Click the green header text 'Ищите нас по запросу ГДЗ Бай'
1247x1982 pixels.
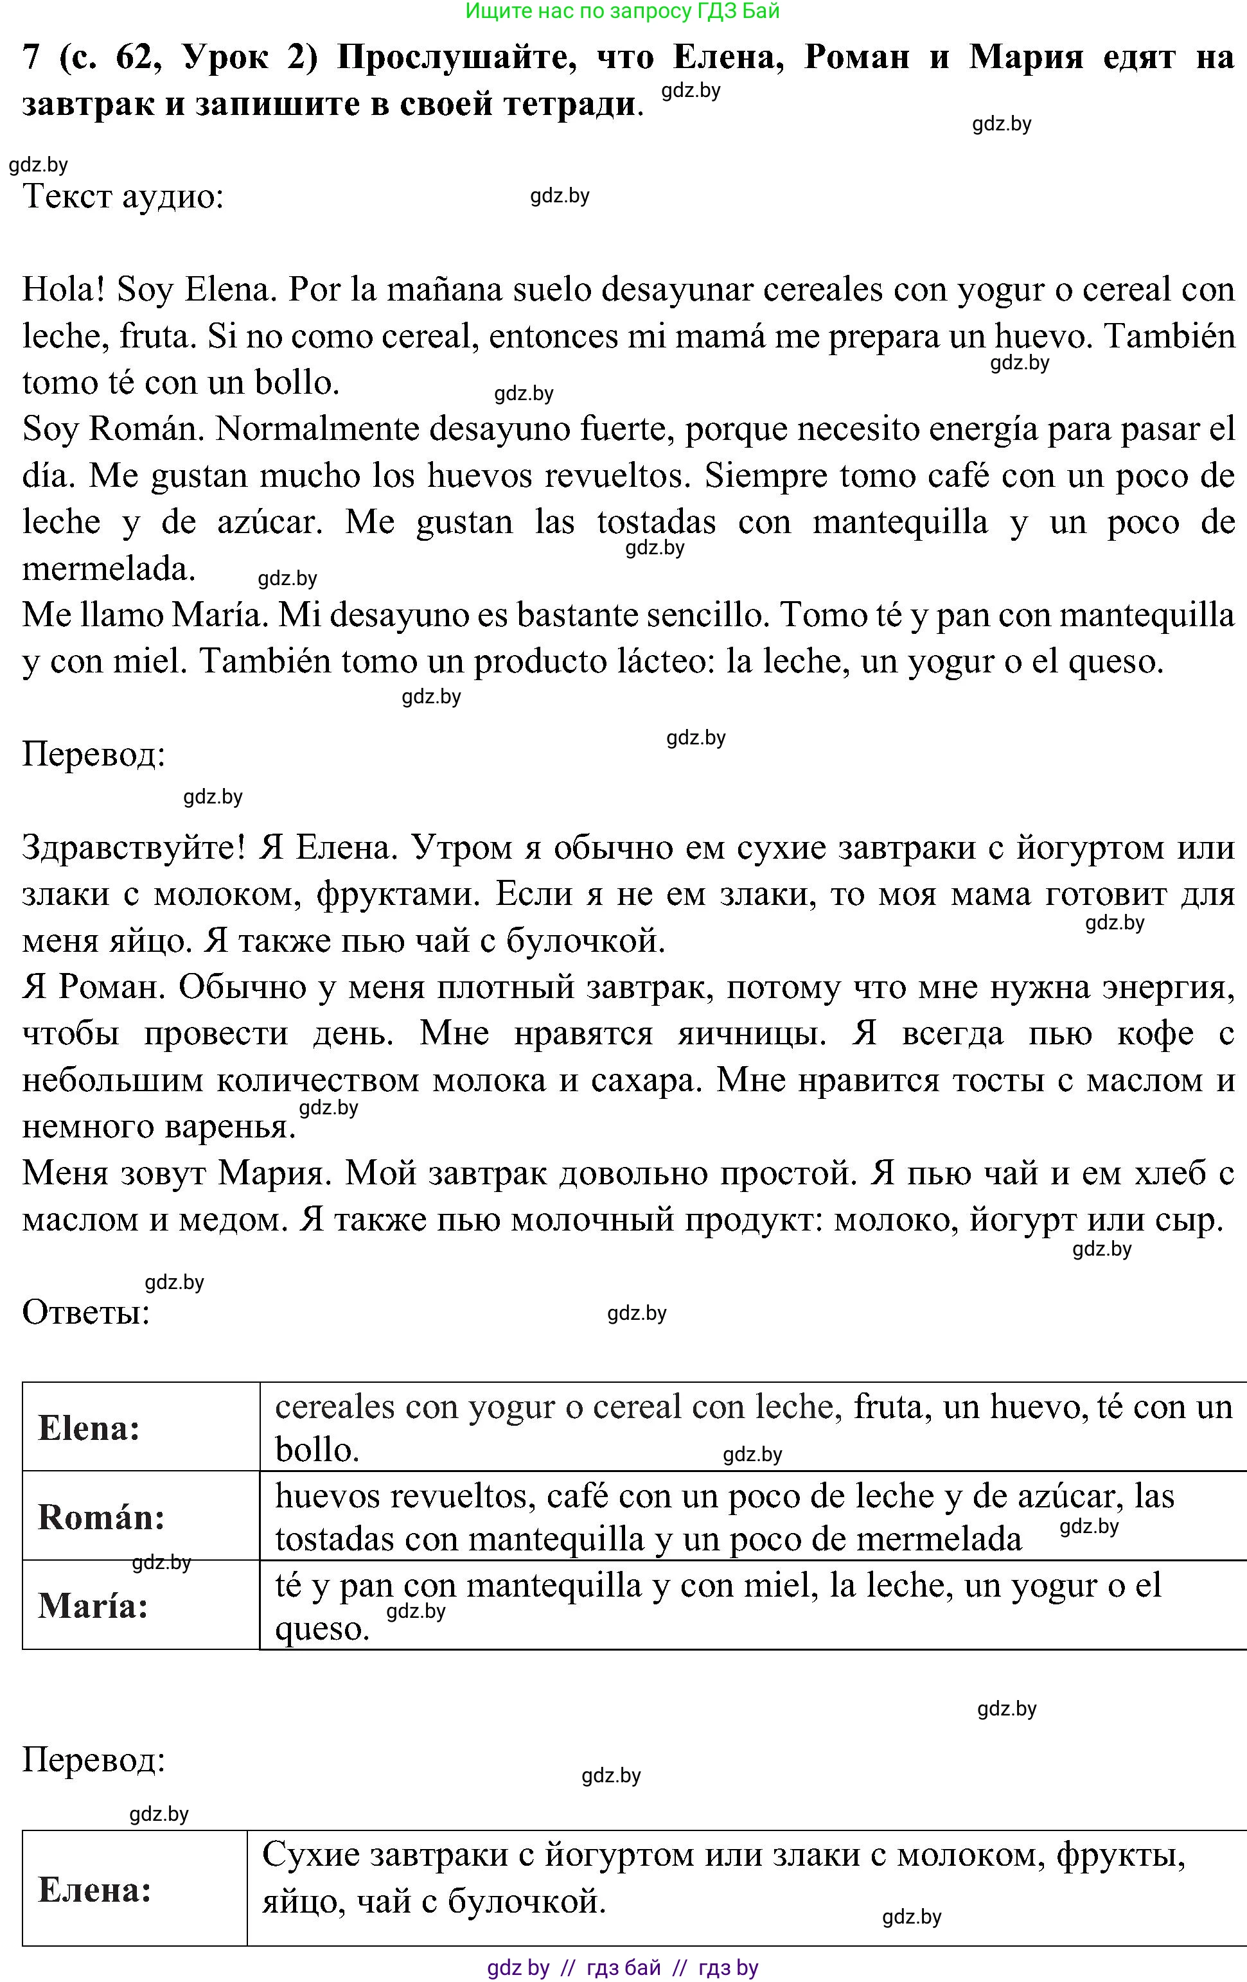click(x=623, y=11)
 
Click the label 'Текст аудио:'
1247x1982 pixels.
click(x=123, y=197)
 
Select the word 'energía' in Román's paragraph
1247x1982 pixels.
click(x=1007, y=430)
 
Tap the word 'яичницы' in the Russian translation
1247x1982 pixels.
click(x=750, y=1034)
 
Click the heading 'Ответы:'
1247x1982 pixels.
click(x=85, y=1313)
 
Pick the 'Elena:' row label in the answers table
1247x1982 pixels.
click(x=89, y=1428)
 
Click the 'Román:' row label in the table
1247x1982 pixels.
click(x=102, y=1517)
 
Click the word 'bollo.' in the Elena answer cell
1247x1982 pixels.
click(x=317, y=1450)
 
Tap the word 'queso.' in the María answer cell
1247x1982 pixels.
click(x=322, y=1628)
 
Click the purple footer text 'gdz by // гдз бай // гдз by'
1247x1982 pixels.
click(x=623, y=1968)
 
